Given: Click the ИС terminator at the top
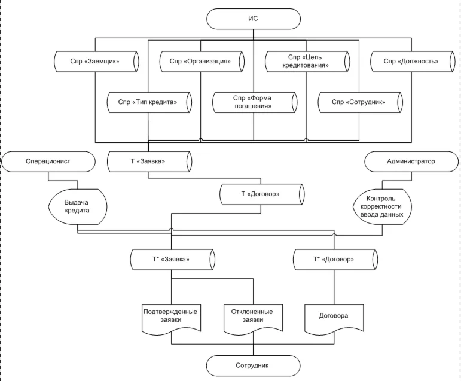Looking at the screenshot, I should (253, 19).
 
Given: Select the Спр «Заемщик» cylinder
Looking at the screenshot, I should (96, 61).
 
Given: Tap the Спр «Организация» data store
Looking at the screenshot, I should (200, 61).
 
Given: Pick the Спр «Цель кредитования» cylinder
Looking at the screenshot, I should (306, 61).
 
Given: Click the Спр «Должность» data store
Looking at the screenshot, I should (411, 61).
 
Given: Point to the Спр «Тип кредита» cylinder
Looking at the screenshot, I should (148, 102).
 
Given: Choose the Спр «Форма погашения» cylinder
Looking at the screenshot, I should (254, 102).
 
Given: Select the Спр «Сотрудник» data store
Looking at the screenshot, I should (358, 102).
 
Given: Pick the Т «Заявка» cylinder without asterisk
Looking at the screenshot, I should (148, 161).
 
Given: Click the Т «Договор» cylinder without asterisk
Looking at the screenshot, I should (261, 195).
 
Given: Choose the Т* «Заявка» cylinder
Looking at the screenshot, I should (172, 260).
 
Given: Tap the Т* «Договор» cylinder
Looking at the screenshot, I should (335, 260).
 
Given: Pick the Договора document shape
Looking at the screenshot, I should (335, 316).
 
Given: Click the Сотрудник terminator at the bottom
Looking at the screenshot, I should (253, 364).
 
